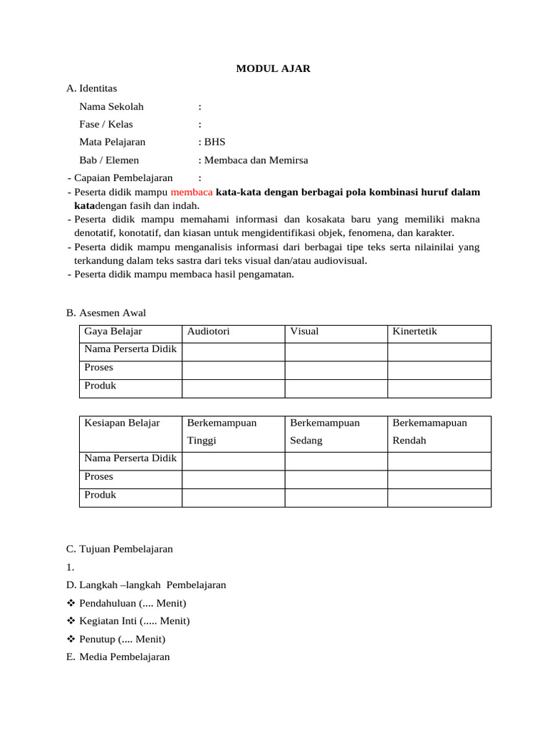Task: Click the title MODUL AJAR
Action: [273, 69]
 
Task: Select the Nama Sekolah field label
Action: [112, 107]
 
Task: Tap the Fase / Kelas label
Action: [106, 124]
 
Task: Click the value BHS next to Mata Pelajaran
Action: [214, 142]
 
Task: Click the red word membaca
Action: [192, 192]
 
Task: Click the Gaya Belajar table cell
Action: [113, 331]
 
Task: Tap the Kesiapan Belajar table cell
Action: [122, 423]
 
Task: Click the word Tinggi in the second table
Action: [202, 441]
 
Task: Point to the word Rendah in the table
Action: [409, 441]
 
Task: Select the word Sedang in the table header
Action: [306, 441]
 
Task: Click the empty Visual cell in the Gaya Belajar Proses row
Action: [335, 370]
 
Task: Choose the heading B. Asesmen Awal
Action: [105, 313]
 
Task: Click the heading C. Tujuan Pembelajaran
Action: [119, 549]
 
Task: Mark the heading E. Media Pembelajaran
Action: [118, 657]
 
